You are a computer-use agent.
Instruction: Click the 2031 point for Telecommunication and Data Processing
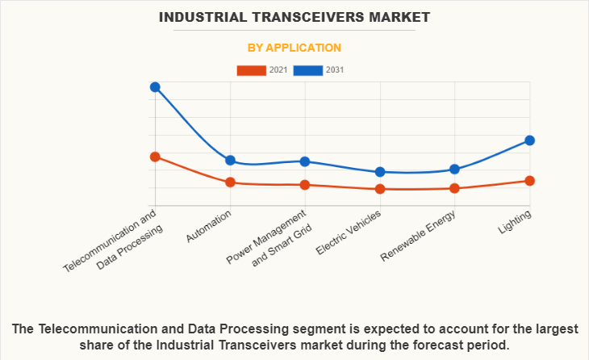155,87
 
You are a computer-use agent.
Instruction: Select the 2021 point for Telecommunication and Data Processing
155,157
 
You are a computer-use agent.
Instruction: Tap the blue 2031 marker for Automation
230,161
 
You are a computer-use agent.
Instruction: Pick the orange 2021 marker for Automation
230,182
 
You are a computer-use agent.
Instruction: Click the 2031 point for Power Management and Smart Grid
305,161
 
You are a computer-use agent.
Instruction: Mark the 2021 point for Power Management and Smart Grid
305,185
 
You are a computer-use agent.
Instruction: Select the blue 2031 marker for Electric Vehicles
380,172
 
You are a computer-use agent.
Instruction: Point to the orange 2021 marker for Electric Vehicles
380,189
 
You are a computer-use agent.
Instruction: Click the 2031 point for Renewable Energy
455,169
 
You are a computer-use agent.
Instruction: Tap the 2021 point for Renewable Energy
455,188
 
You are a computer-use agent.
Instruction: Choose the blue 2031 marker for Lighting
530,140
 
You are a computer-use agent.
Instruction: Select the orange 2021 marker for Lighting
530,181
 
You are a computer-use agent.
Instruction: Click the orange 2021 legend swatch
251,70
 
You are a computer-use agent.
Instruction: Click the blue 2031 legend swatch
308,70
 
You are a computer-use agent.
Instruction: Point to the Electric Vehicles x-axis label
349,233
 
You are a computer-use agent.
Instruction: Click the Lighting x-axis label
516,222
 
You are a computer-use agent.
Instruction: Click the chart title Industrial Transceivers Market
294,16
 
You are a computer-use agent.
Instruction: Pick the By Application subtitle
294,48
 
